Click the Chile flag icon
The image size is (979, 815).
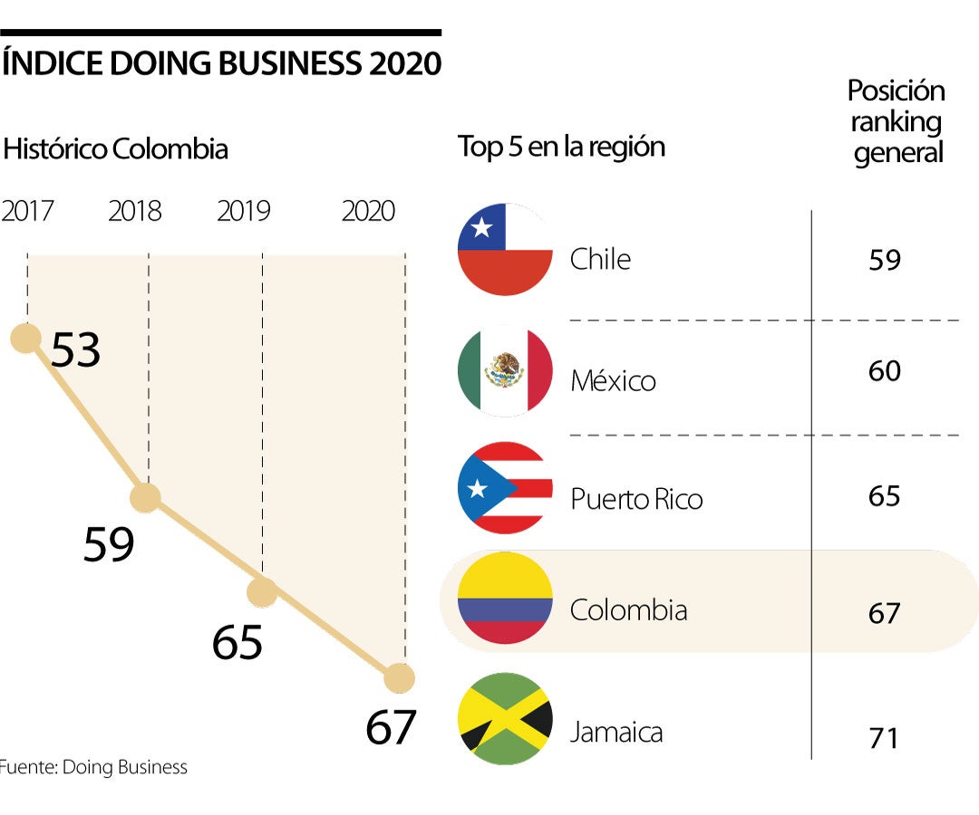point(505,250)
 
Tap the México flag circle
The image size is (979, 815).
point(505,371)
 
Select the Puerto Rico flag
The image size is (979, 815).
point(505,488)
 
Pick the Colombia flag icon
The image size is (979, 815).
point(505,599)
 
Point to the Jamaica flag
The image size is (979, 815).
point(505,719)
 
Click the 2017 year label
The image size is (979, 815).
point(27,211)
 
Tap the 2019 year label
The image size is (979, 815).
point(243,211)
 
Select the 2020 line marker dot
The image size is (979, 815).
point(399,677)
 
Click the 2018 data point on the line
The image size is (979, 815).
point(145,497)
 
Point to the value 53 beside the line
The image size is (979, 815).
point(75,350)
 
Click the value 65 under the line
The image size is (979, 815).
point(237,642)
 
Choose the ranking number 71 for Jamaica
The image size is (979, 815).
point(883,737)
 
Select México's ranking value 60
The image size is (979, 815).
point(884,371)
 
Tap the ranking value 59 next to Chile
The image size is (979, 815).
point(884,260)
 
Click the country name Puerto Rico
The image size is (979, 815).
point(636,499)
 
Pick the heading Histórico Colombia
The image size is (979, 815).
point(115,149)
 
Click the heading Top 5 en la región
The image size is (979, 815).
point(561,147)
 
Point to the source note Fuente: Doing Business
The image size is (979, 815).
point(93,768)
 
